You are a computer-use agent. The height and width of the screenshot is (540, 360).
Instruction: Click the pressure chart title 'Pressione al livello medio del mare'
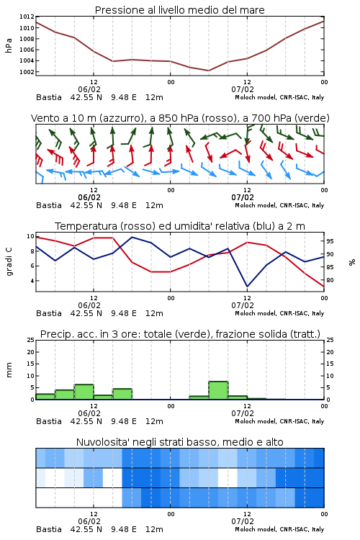click(x=179, y=10)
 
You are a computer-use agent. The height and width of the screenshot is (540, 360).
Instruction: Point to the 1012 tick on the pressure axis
click(x=27, y=17)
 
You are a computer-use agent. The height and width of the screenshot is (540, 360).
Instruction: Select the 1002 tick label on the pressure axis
click(x=27, y=72)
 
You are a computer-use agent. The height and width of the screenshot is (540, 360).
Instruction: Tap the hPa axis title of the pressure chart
click(x=9, y=45)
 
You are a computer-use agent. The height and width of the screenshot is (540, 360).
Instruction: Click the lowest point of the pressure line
click(x=208, y=71)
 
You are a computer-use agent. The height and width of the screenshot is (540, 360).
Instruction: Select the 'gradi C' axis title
click(x=9, y=261)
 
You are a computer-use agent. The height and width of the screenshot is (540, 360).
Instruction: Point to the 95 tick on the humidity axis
click(x=330, y=241)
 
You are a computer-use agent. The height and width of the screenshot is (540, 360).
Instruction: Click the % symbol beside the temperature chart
click(x=352, y=262)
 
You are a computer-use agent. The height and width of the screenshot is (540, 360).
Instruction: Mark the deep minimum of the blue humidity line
click(x=247, y=286)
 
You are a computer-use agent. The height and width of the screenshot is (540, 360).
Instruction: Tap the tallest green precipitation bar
click(x=218, y=390)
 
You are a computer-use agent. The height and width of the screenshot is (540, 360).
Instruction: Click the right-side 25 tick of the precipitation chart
click(x=330, y=340)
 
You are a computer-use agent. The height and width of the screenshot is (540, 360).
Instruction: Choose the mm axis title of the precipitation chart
click(x=9, y=370)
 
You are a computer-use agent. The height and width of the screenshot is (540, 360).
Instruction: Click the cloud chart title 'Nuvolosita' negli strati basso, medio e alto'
click(x=179, y=442)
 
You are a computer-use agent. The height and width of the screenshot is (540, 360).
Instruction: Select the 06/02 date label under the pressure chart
click(x=89, y=89)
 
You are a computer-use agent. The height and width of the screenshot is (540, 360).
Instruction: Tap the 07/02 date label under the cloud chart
click(x=243, y=521)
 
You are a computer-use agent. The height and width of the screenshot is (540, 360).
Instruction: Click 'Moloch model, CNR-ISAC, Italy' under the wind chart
click(x=279, y=205)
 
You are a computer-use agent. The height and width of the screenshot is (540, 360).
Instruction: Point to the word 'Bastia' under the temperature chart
click(x=49, y=313)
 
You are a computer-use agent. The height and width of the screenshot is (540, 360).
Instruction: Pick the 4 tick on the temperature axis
click(x=32, y=281)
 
